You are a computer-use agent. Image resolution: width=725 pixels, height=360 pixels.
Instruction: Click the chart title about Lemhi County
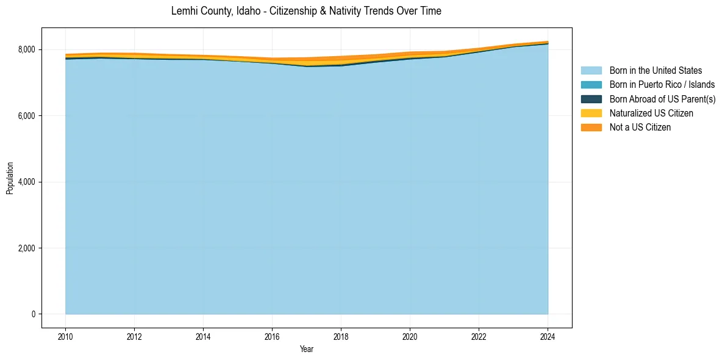click(306, 11)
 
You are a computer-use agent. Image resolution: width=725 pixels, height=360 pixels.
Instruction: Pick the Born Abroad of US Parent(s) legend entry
click(662, 99)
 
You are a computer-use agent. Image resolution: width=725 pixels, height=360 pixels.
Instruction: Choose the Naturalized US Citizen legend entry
click(651, 113)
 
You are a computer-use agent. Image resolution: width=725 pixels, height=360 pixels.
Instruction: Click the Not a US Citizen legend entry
click(640, 128)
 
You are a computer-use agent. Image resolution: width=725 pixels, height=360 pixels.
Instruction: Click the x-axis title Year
click(307, 349)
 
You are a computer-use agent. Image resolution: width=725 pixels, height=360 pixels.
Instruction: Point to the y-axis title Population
click(10, 178)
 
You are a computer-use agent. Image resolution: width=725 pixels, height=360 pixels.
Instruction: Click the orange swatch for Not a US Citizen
click(591, 128)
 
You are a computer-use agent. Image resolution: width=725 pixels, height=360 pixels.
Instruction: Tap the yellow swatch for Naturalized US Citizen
click(591, 113)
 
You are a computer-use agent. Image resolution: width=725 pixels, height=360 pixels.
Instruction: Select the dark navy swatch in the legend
click(591, 99)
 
